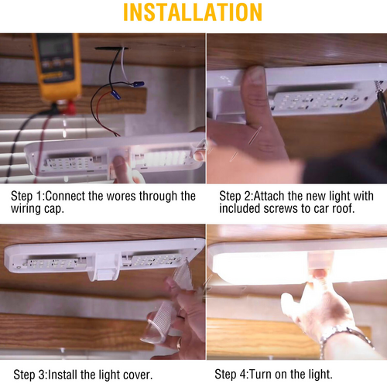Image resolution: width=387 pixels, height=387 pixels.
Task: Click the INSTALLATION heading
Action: point(193,12)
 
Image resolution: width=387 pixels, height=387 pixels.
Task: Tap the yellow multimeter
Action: point(57,67)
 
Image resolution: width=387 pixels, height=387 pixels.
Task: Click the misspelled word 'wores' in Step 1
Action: point(121,196)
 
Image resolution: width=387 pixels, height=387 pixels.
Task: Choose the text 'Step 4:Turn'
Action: point(243,375)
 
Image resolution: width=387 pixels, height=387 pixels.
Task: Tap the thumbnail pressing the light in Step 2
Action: point(255,74)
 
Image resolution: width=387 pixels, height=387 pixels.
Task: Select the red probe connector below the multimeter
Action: point(69,108)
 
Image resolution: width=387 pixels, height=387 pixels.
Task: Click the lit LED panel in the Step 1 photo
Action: point(165,158)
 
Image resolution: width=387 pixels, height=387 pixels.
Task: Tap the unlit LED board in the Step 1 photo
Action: point(69,163)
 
